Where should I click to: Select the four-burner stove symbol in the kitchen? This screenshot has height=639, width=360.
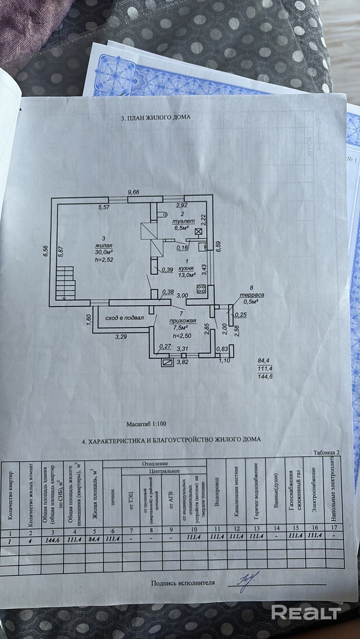coord(201,289)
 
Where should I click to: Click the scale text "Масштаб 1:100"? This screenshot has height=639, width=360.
coord(146,424)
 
